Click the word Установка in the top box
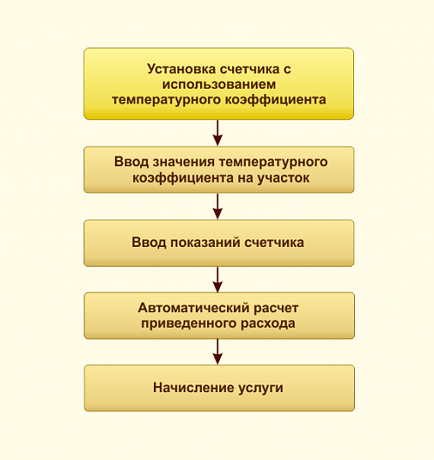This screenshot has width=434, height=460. (x=182, y=70)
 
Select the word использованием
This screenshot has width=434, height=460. (x=219, y=84)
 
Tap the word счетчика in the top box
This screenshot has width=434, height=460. (x=250, y=70)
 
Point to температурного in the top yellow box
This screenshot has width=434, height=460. (x=166, y=100)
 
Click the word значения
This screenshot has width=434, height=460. (x=184, y=162)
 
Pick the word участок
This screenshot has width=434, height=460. (x=284, y=178)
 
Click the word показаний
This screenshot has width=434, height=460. (x=205, y=243)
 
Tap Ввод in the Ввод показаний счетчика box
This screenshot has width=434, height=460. (x=149, y=243)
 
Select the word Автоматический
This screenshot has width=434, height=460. (x=193, y=309)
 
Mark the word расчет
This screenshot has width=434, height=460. (x=276, y=309)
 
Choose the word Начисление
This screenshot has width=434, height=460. (x=193, y=388)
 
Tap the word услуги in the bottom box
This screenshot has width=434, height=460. (x=261, y=389)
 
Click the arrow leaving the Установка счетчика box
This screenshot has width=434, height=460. (x=217, y=132)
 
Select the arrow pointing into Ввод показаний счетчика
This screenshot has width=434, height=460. (x=217, y=206)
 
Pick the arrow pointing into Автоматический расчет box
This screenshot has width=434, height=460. (x=217, y=280)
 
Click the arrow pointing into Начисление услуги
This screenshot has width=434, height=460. (x=217, y=352)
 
